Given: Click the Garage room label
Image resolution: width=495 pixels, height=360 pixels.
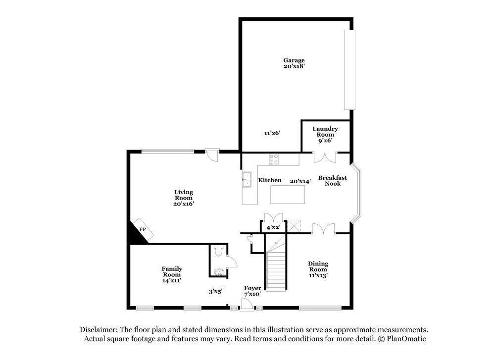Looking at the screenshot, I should click(295, 63).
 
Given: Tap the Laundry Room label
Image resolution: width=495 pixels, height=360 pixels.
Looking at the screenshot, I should click(325, 132).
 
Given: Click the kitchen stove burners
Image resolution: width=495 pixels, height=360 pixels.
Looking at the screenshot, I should click(274, 159).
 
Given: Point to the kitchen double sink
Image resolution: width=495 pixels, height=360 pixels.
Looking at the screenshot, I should click(247, 179).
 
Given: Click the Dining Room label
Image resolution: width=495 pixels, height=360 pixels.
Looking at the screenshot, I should click(318, 266).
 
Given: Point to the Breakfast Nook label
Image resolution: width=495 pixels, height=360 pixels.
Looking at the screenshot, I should click(332, 181).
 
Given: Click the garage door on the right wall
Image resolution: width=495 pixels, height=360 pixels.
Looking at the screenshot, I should click(349, 70).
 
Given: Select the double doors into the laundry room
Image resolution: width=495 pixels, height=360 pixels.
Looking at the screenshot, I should click(325, 156).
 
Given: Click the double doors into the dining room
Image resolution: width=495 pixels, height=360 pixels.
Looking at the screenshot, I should click(324, 228).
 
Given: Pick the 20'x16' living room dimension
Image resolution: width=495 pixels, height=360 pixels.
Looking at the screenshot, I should click(184, 204).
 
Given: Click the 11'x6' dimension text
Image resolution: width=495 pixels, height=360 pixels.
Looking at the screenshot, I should click(272, 133).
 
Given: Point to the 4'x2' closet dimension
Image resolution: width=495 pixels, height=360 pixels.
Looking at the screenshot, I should click(273, 228).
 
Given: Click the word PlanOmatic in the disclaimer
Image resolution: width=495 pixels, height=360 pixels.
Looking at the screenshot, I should click(407, 339).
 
